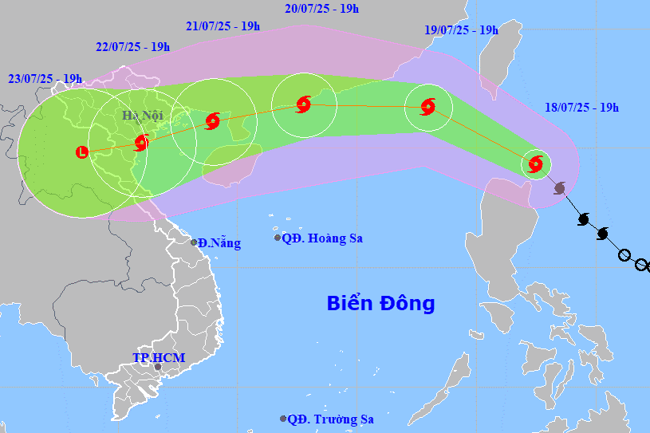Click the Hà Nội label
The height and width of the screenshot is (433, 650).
click(x=142, y=116)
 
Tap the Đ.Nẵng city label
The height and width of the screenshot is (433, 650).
click(x=219, y=243)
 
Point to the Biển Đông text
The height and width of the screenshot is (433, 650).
click(x=380, y=303)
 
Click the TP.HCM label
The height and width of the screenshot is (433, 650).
click(x=159, y=357)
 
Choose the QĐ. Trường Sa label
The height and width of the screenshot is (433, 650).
click(x=330, y=419)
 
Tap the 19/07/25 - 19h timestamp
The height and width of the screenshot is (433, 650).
click(x=461, y=30)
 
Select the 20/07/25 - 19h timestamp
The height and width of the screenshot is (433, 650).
click(x=321, y=9)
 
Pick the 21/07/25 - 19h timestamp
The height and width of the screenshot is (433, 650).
click(x=223, y=26)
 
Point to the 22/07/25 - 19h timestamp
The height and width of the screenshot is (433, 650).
click(x=132, y=46)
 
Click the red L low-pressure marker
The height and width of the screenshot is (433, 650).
click(x=81, y=152)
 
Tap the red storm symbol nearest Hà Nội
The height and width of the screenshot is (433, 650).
click(x=141, y=143)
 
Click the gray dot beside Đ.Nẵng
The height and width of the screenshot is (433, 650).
click(x=193, y=242)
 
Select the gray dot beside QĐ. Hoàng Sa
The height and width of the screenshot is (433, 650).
click(x=278, y=238)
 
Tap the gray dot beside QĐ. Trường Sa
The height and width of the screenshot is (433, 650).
click(x=283, y=419)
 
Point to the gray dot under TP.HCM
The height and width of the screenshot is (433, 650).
click(x=158, y=368)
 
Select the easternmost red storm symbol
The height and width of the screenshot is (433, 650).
click(x=535, y=164)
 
